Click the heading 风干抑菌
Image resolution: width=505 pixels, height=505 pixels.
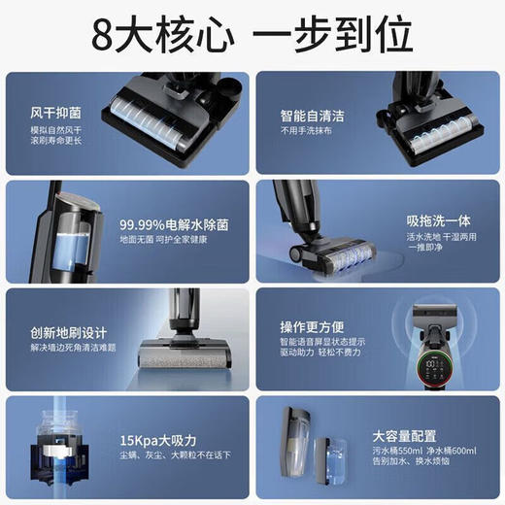click(x=44, y=112)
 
